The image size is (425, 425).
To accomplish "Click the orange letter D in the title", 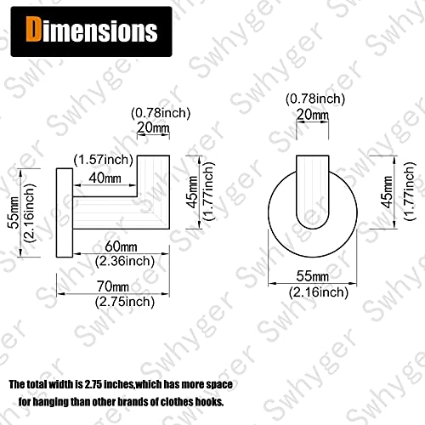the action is (33, 29).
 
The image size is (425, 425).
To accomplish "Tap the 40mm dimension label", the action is (105, 178).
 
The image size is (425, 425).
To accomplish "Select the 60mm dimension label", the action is (121, 246).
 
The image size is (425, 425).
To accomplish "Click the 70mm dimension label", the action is (113, 286).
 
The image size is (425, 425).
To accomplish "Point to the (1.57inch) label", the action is (104, 160).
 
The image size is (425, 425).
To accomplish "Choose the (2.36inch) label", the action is (125, 261).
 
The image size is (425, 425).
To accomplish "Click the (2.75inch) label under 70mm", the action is (125, 302).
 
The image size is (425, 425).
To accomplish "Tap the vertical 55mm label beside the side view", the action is (14, 212).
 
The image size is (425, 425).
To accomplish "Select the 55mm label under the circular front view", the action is (313, 276).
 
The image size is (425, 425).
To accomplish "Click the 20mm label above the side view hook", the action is (153, 127).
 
